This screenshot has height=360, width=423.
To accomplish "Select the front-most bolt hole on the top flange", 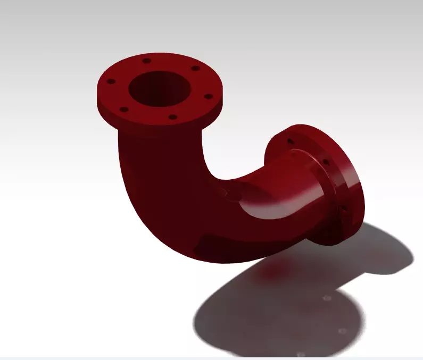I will point(172,117).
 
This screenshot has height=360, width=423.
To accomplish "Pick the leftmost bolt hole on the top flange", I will point(111,82).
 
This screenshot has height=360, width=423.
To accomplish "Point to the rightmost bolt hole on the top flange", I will point(208,96).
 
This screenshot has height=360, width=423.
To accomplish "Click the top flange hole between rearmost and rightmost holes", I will point(195,68).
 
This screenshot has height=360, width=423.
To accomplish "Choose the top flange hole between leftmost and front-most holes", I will point(123,110).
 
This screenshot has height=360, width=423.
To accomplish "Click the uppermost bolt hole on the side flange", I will point(290,141).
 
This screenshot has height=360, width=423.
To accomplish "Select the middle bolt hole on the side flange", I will point(326,161).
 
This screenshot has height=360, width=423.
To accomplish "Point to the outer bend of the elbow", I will point(154,223).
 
